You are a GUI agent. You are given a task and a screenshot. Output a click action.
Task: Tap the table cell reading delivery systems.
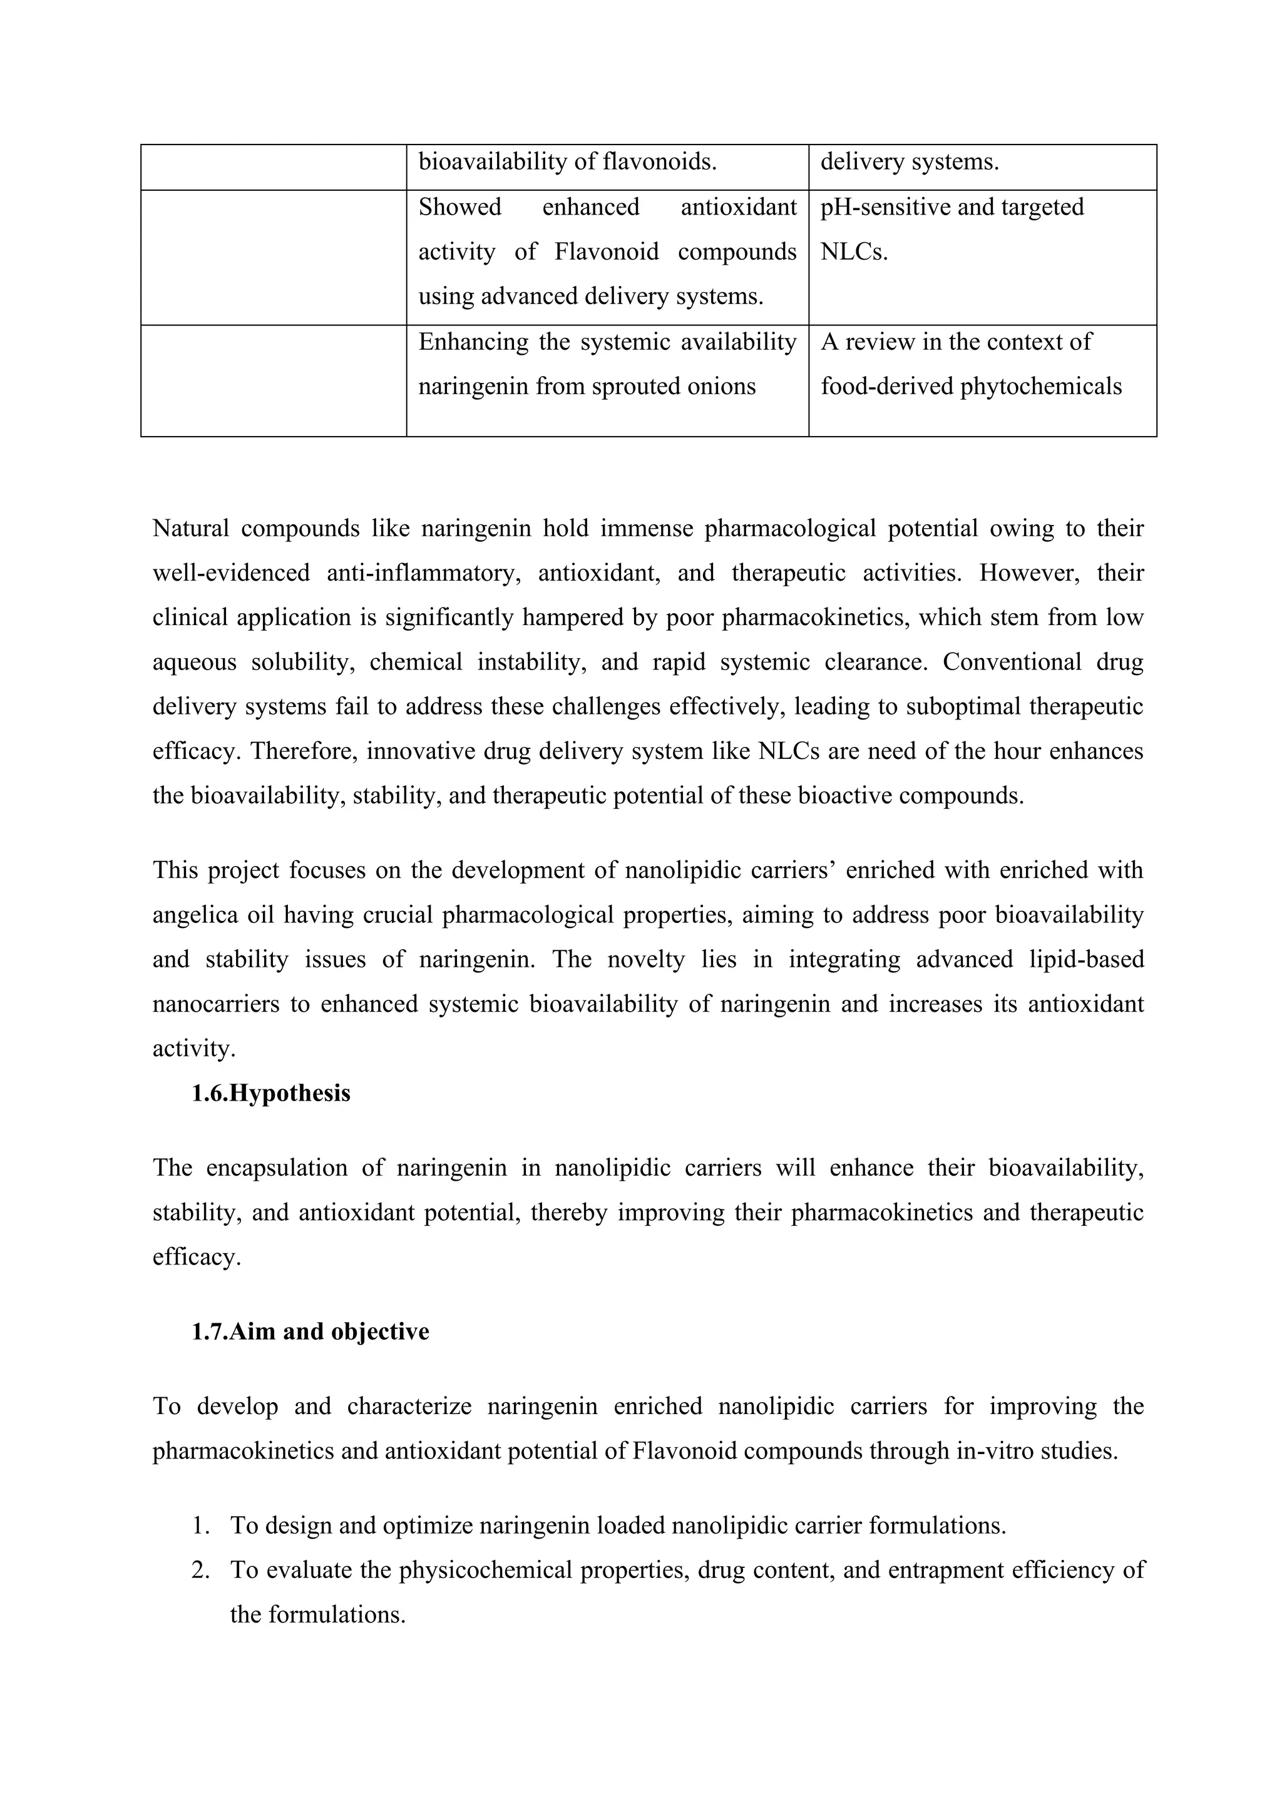[x=910, y=163]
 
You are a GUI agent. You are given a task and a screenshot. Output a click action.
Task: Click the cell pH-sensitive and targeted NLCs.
[x=951, y=229]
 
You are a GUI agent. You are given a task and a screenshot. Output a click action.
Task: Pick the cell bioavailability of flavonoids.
[x=567, y=163]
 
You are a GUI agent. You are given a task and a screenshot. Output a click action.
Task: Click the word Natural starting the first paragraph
[x=190, y=528]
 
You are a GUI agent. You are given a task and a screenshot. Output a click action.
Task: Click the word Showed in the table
[x=459, y=208]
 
